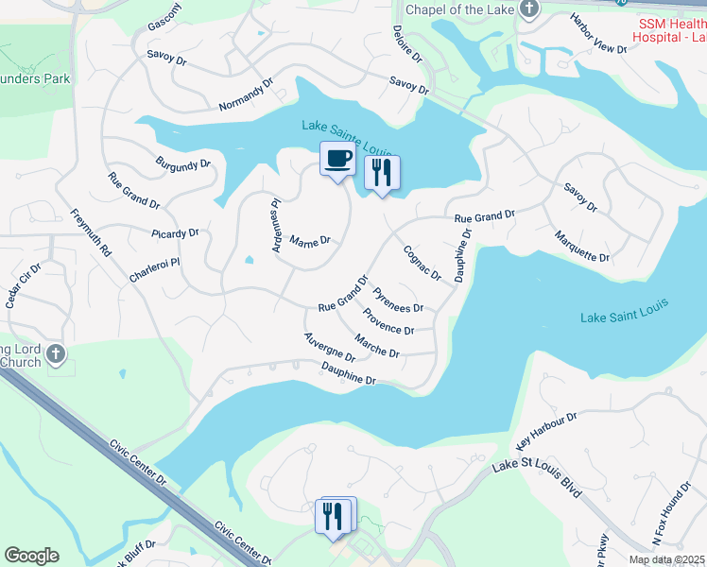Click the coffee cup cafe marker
pos(337,160)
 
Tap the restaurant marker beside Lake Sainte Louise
pos(382,173)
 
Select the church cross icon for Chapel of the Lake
pos(528,11)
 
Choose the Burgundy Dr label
pos(183,164)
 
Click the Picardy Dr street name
pos(175,232)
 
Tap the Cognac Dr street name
pos(422,263)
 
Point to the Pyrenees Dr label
pos(398,301)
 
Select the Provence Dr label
pos(388,323)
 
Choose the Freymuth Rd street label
pos(91,232)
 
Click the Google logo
pos(31,556)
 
